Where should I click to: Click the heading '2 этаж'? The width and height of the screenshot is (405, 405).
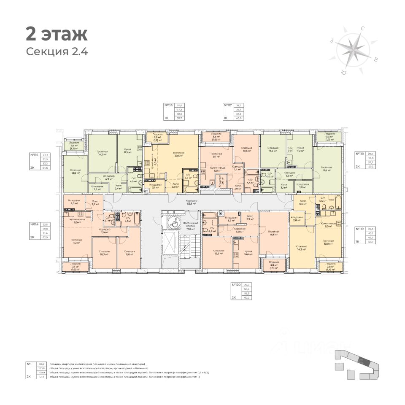pyautogui.click(x=57, y=34)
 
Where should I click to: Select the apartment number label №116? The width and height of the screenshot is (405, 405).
pyautogui.click(x=170, y=106)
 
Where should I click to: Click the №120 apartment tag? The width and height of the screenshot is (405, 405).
pyautogui.click(x=236, y=285)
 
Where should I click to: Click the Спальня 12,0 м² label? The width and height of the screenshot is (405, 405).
pyautogui.click(x=76, y=172)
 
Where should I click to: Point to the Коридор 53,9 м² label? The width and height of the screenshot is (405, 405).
pyautogui.click(x=192, y=203)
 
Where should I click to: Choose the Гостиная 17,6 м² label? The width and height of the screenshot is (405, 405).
pyautogui.click(x=327, y=169)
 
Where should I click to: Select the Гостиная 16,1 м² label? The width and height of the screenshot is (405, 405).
pyautogui.click(x=273, y=233)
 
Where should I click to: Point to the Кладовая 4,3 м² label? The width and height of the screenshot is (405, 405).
pyautogui.click(x=75, y=202)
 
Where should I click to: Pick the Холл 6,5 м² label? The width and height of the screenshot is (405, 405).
pyautogui.click(x=302, y=202)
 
